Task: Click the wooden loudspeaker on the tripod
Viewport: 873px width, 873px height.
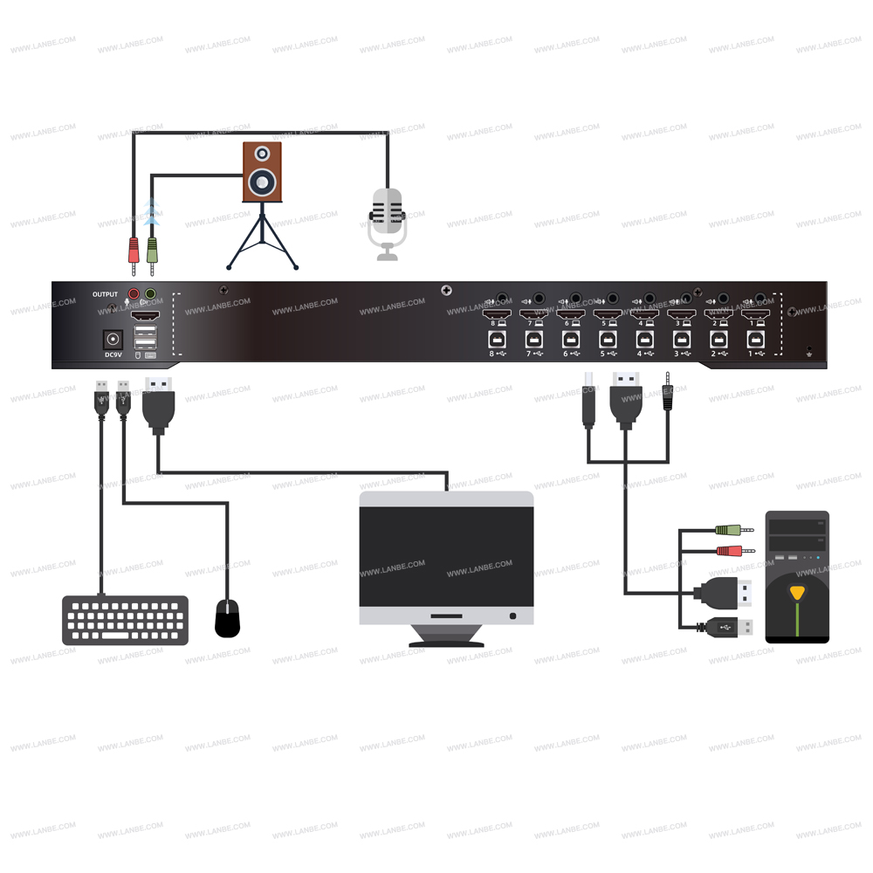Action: coord(262,172)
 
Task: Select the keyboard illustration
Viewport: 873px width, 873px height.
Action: coord(125,620)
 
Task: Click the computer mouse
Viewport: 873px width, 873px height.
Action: coord(228,619)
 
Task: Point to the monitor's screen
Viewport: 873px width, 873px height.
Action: coord(446,553)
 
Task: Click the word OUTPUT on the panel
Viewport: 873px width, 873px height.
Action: coord(105,295)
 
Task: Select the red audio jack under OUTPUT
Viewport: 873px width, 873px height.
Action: coord(134,295)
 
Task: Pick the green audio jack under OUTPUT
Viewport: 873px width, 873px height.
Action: coord(150,295)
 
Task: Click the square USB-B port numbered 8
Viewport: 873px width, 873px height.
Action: coord(498,337)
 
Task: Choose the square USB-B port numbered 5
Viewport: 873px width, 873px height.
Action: coord(608,337)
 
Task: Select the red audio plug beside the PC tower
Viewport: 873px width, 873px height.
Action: coord(728,550)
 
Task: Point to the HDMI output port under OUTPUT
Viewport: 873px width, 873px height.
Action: coord(147,315)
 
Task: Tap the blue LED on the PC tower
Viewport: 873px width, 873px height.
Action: coord(818,557)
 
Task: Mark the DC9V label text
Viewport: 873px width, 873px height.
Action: coord(113,355)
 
